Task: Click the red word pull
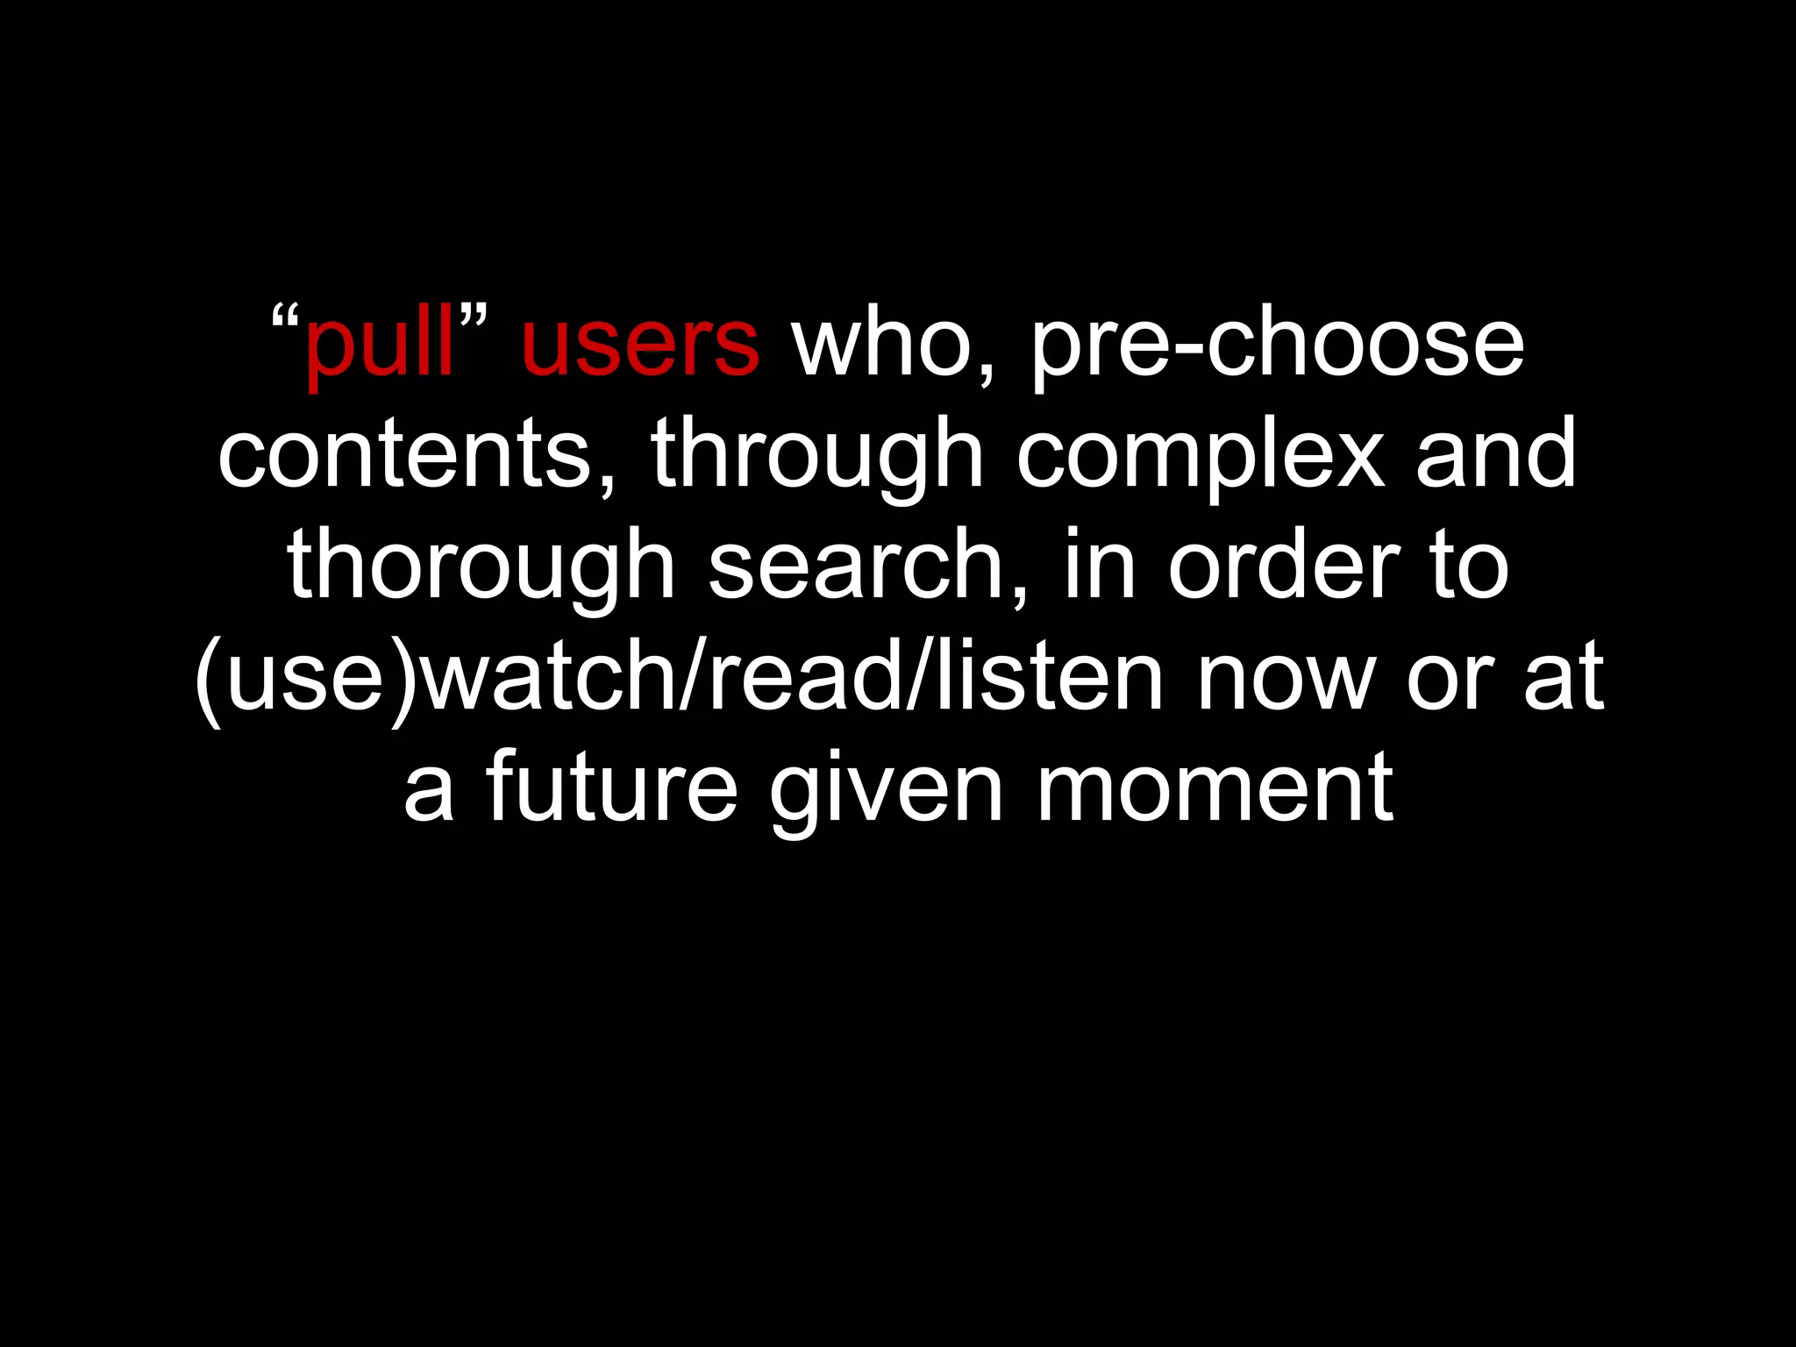pos(379,344)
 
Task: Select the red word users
pos(640,344)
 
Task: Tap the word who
pos(886,344)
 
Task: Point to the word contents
pos(405,455)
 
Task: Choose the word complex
pos(1201,455)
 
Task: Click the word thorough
pos(481,567)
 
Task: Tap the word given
pos(886,789)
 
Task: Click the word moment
pos(1215,789)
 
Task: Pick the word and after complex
pos(1496,455)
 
